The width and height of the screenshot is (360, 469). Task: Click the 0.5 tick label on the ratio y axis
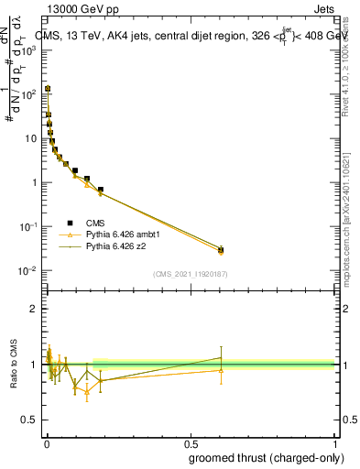[x=31, y=420]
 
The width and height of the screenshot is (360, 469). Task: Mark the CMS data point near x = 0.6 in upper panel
[x=221, y=249]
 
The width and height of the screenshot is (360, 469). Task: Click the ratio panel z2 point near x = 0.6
[x=221, y=358]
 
